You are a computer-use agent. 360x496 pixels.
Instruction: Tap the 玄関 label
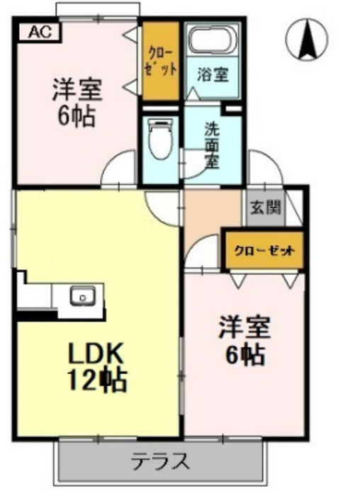coord(264,208)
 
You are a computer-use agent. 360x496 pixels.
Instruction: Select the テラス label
coord(161,462)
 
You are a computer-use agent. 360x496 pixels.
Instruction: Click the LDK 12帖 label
coord(96,368)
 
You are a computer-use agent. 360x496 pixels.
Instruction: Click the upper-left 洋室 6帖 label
coord(77,101)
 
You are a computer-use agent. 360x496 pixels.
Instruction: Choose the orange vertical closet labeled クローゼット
coord(159,62)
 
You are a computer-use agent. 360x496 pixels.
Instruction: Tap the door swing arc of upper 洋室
coord(120,170)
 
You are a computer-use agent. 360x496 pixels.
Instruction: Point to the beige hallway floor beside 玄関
coord(213,213)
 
